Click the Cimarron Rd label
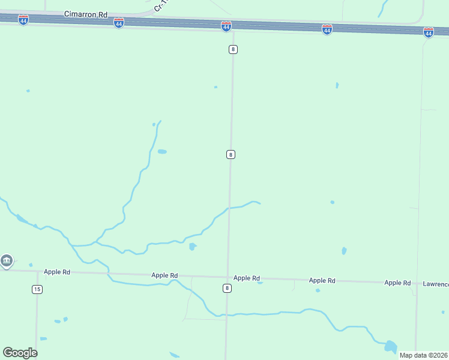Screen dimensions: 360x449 pyautogui.click(x=86, y=13)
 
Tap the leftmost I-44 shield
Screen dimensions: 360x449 pyautogui.click(x=23, y=20)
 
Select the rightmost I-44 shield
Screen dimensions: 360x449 pyautogui.click(x=428, y=32)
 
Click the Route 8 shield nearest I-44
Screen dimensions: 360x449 pyautogui.click(x=233, y=49)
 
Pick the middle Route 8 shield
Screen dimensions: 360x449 pyautogui.click(x=231, y=155)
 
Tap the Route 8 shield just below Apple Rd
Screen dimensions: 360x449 pyautogui.click(x=227, y=288)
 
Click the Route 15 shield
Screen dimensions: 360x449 pyautogui.click(x=37, y=289)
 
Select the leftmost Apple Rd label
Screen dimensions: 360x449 pyautogui.click(x=58, y=272)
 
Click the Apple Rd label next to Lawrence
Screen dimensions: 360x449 pyautogui.click(x=397, y=283)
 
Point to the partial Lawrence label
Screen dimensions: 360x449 pyautogui.click(x=435, y=284)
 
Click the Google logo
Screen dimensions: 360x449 pyautogui.click(x=20, y=353)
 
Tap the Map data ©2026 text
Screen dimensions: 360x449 pyautogui.click(x=423, y=355)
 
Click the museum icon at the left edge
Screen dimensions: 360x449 pyautogui.click(x=7, y=261)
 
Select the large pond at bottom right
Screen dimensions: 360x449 pyautogui.click(x=390, y=346)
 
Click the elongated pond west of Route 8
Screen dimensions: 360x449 pyautogui.click(x=162, y=152)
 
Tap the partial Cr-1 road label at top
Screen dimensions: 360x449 pyautogui.click(x=160, y=7)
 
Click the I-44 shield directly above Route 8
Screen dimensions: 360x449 pyautogui.click(x=226, y=26)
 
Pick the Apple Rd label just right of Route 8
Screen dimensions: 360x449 pyautogui.click(x=246, y=278)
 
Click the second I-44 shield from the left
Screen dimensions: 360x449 pyautogui.click(x=119, y=23)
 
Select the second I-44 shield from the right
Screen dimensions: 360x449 pyautogui.click(x=327, y=29)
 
